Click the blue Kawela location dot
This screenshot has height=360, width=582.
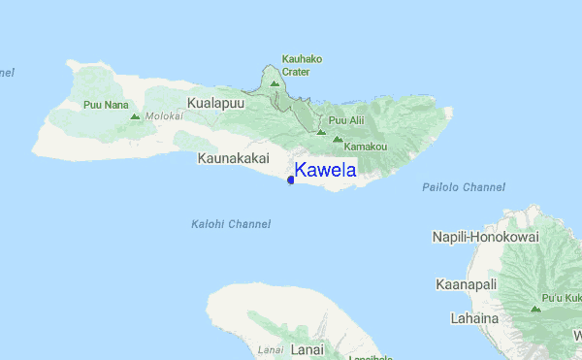pyautogui.click(x=291, y=180)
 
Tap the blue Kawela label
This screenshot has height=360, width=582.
pyautogui.click(x=325, y=171)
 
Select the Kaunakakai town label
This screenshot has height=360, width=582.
pyautogui.click(x=232, y=157)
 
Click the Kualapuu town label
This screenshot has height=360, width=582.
pyautogui.click(x=216, y=102)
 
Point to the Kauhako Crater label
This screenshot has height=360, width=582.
pyautogui.click(x=302, y=65)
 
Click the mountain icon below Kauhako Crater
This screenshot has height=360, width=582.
pyautogui.click(x=275, y=84)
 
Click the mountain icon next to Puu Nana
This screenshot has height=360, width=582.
pyautogui.click(x=135, y=116)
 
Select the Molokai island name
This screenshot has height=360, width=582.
pyautogui.click(x=164, y=116)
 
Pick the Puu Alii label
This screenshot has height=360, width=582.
pyautogui.click(x=346, y=120)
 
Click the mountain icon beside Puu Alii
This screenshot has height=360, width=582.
pyautogui.click(x=320, y=132)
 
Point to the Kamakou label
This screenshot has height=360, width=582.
pyautogui.click(x=366, y=146)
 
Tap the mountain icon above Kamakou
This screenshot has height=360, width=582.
pyautogui.click(x=337, y=139)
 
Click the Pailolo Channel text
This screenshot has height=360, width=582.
pyautogui.click(x=465, y=186)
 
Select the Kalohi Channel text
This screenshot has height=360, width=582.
pyautogui.click(x=231, y=224)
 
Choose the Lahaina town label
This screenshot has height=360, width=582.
pyautogui.click(x=474, y=317)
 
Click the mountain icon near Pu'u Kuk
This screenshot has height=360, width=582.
pyautogui.click(x=534, y=309)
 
